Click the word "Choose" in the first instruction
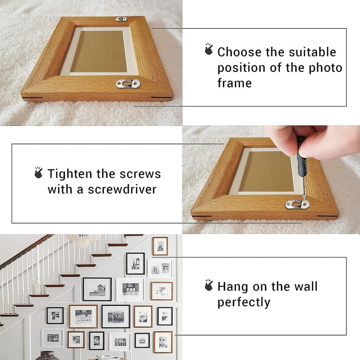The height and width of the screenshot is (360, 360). coord(239,52)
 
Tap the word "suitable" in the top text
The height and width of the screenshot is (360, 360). coord(312,52)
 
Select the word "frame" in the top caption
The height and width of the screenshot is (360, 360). coord(234,83)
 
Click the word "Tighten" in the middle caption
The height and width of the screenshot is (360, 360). coord(70,174)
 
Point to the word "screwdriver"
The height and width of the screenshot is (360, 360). coord(122,189)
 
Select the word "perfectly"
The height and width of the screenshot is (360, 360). coord(244,302)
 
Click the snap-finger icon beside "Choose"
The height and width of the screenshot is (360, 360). coord(209,49)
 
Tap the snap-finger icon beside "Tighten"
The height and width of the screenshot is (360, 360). coord(38,172)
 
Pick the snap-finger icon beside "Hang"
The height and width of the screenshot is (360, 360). coord(209,285)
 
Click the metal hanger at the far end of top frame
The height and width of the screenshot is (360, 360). coord(121,19)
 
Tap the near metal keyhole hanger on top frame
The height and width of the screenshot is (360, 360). coord(128,84)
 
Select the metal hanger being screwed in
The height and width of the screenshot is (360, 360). coord(297,204)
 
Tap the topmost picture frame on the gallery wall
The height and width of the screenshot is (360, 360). coord(160,246)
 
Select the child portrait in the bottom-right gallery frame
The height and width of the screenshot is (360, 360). coord(163,342)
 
